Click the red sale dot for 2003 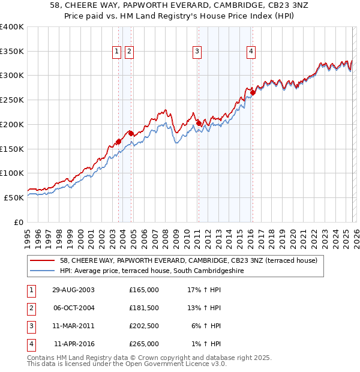pyautogui.click(x=119, y=142)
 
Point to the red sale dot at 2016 pyautogui.click(x=253, y=92)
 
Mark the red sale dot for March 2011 pyautogui.click(x=199, y=123)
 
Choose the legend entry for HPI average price pyautogui.click(x=160, y=271)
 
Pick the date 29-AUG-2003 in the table pyautogui.click(x=73, y=289)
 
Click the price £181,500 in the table pyautogui.click(x=143, y=308)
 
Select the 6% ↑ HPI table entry pyautogui.click(x=208, y=326)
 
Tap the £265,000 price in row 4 pyautogui.click(x=143, y=344)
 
